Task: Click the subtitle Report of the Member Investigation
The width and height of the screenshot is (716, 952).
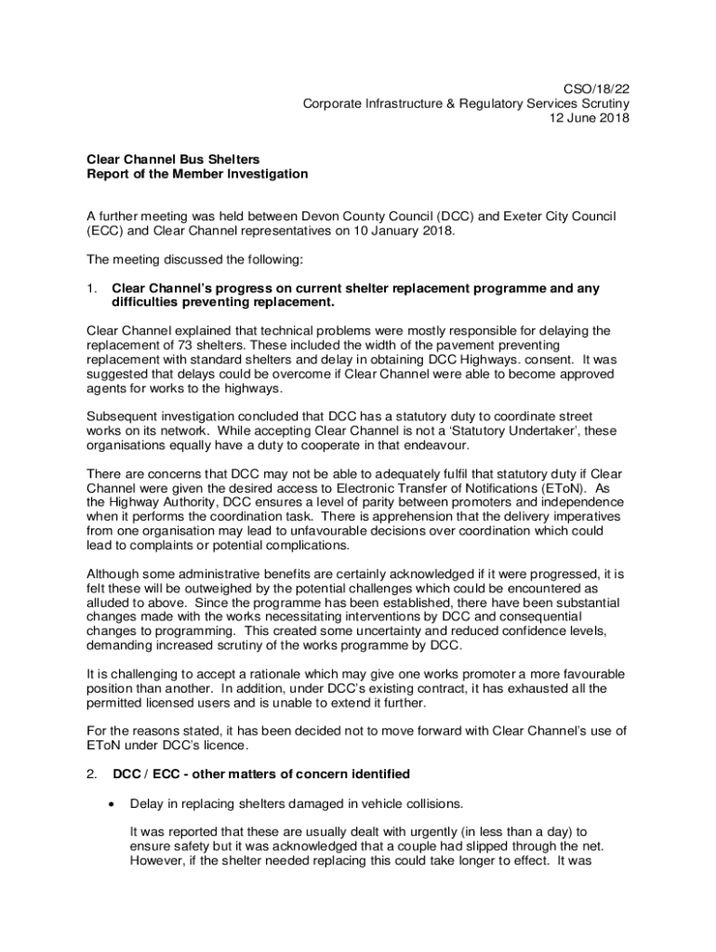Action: click(x=197, y=174)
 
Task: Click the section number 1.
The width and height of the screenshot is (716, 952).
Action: click(x=92, y=288)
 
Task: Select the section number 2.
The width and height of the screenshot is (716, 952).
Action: click(x=92, y=773)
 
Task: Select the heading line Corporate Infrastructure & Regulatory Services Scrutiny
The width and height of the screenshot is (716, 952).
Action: click(x=466, y=103)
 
